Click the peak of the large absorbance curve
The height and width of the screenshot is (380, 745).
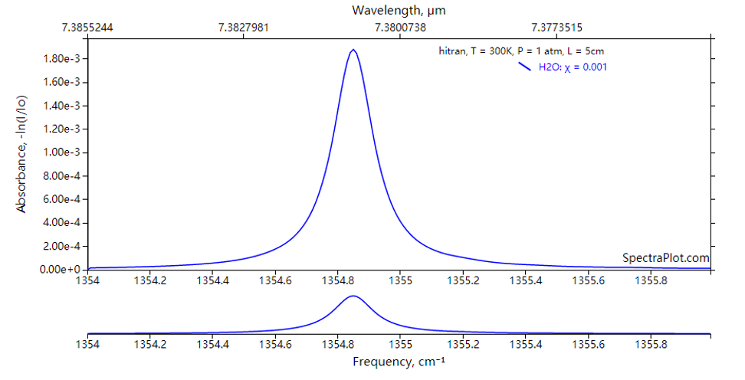tap(353, 51)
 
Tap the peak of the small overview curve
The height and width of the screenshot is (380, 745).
tap(353, 296)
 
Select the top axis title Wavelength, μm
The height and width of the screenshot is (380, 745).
tap(399, 11)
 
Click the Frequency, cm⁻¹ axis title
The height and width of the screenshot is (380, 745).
tap(399, 360)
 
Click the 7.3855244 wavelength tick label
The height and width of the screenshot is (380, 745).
tap(87, 28)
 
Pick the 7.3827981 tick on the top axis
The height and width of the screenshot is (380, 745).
tap(243, 28)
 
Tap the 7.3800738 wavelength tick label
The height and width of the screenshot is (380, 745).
tap(400, 28)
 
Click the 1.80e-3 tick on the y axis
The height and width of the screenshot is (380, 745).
tap(62, 59)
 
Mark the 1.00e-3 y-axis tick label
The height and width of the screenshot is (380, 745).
tap(62, 152)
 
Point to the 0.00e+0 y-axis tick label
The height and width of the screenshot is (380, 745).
tap(62, 270)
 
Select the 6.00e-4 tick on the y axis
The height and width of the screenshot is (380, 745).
tap(62, 199)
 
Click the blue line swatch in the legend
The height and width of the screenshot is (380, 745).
tap(524, 67)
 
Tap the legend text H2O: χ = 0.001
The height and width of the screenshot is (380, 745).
tap(573, 67)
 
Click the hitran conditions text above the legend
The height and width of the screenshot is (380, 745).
tap(518, 51)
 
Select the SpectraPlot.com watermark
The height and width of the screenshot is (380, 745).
tap(665, 259)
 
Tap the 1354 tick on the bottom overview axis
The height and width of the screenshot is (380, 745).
tap(87, 345)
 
